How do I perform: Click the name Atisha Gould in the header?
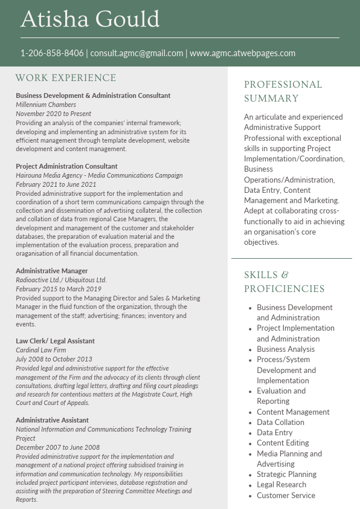point(90,19)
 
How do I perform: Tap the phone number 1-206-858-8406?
point(52,53)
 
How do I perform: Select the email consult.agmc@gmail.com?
point(137,53)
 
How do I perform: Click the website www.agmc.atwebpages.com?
point(242,53)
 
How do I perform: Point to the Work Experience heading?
point(66,78)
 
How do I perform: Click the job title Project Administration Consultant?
point(66,166)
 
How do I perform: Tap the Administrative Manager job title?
point(52,271)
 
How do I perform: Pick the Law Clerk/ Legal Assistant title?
point(55,341)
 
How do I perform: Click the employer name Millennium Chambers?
point(46,105)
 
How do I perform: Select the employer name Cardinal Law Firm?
point(41,350)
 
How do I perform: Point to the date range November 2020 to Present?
point(54,114)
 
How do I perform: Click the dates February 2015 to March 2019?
point(59,289)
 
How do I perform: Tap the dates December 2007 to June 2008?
point(58,447)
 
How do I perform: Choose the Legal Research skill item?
point(281,485)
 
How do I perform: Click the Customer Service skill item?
point(286,496)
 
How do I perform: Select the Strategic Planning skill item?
point(286,475)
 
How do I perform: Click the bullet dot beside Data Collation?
point(250,423)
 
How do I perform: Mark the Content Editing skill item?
point(283,443)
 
